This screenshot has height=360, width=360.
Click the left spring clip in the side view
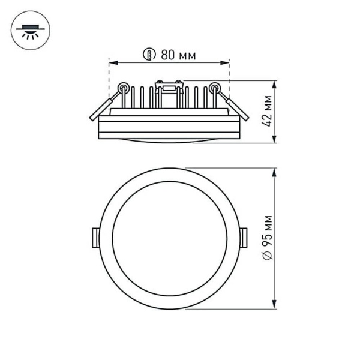(102, 107)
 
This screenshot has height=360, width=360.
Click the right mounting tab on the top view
(244, 238)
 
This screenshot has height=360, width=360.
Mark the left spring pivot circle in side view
(123, 88)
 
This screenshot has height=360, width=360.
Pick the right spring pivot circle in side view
(214, 88)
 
